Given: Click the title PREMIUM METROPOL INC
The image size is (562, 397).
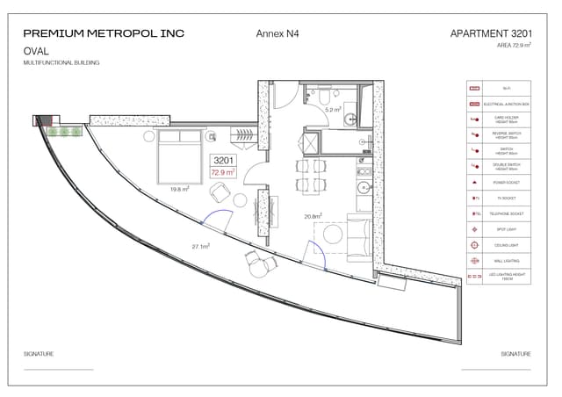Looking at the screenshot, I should [104, 33].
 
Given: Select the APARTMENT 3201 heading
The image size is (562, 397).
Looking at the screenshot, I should [491, 33].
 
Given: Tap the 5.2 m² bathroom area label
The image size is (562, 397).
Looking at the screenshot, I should [333, 110].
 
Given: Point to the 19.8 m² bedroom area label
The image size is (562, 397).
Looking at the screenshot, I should [180, 189].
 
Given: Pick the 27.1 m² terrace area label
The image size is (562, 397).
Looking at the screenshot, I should [200, 247].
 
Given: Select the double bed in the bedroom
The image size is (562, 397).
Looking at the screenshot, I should [181, 155].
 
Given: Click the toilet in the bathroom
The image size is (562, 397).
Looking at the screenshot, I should [325, 94].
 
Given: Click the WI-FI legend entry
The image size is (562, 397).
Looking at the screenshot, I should [508, 90].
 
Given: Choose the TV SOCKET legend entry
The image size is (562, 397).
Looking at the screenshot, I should [508, 198].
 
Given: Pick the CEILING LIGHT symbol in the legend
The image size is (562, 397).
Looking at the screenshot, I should [475, 245].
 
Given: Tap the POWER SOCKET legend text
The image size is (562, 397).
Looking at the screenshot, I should [508, 183].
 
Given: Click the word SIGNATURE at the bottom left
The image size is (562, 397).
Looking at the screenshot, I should [39, 353].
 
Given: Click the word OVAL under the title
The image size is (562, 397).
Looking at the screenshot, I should [36, 51].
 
